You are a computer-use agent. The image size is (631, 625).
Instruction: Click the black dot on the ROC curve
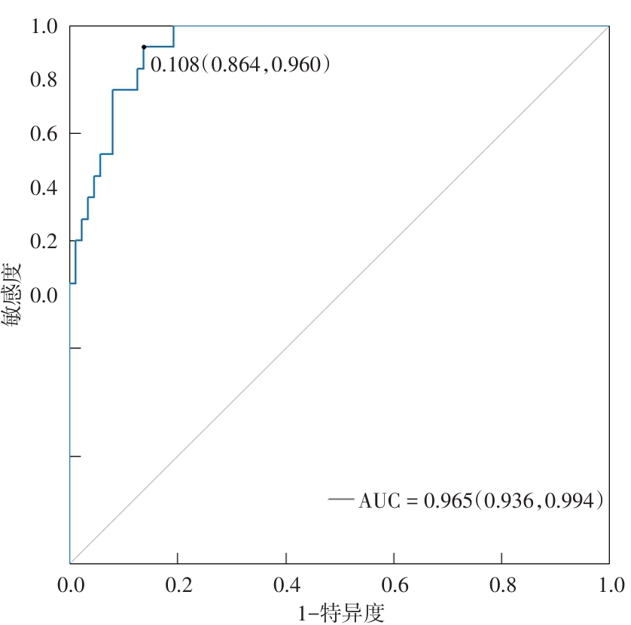tap(143, 47)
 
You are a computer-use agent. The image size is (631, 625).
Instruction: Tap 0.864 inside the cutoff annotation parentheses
tap(233, 65)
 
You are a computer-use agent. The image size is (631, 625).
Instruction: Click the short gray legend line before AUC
tap(340, 499)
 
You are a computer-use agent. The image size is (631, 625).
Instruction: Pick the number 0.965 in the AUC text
tap(447, 500)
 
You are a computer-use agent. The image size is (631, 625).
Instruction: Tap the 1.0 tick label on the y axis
tap(44, 27)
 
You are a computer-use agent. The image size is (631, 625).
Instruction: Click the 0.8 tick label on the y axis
tap(44, 80)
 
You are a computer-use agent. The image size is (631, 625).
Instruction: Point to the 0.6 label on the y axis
tap(44, 134)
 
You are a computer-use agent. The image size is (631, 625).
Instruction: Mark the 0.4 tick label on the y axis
tap(44, 187)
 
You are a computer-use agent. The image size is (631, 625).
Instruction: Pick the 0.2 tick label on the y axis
tap(44, 241)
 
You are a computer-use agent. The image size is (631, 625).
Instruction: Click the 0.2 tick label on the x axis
tap(178, 584)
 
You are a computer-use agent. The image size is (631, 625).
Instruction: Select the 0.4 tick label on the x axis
tap(286, 584)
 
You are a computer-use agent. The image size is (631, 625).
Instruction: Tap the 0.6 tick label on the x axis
tap(394, 584)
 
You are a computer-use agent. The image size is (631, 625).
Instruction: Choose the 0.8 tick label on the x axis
tap(502, 584)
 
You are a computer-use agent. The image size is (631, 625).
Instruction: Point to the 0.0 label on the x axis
tap(70, 584)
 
